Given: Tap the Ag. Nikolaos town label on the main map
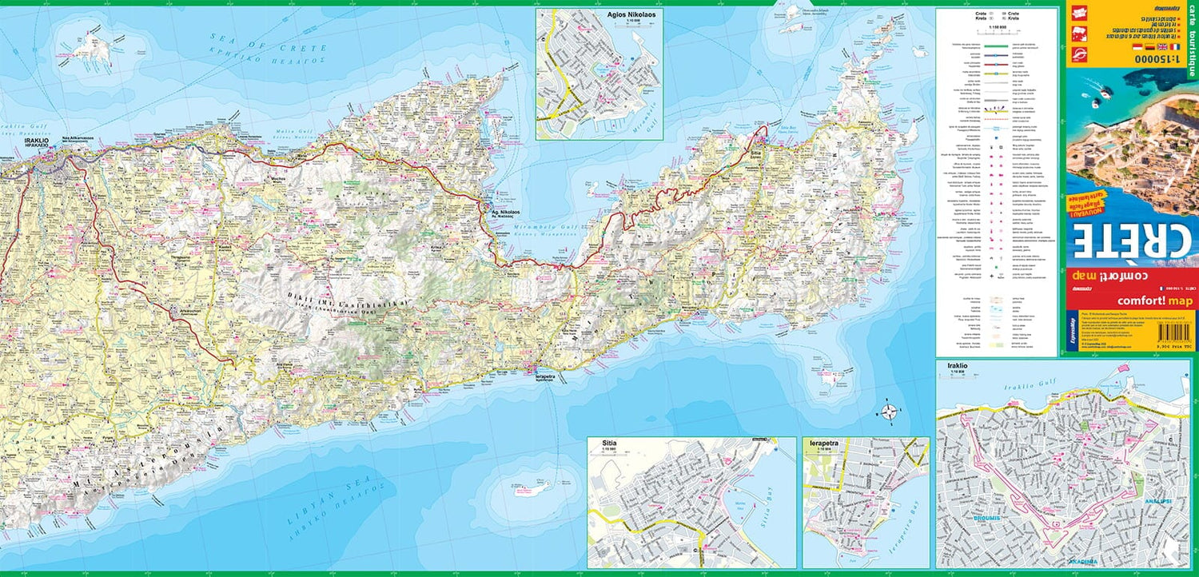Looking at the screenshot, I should [504, 213].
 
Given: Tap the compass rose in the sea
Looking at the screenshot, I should [889, 412].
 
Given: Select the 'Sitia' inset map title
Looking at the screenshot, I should [599, 441].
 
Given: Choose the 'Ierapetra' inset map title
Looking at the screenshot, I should [823, 441].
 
